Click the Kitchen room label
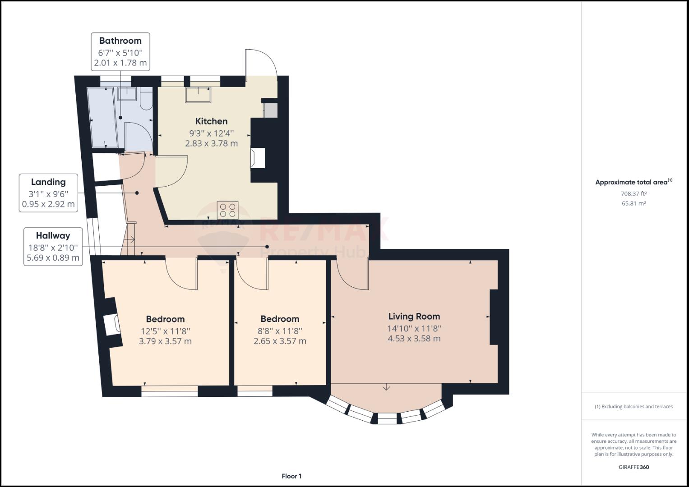click(212, 121)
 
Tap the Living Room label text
click(414, 317)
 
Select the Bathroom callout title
click(120, 41)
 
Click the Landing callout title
click(48, 182)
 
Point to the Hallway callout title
click(53, 236)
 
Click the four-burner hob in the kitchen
click(227, 210)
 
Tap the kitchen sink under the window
click(198, 95)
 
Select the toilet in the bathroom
click(146, 98)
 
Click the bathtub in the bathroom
click(103, 117)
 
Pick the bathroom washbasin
click(127, 94)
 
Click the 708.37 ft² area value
click(634, 194)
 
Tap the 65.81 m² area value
click(634, 203)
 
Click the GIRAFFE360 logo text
click(634, 467)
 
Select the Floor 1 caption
click(291, 476)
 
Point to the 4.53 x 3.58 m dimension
click(414, 339)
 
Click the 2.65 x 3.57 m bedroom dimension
click(280, 341)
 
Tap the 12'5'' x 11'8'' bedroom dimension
click(166, 331)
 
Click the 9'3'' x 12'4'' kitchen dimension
click(212, 133)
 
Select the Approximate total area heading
click(634, 182)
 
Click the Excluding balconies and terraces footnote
click(634, 406)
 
